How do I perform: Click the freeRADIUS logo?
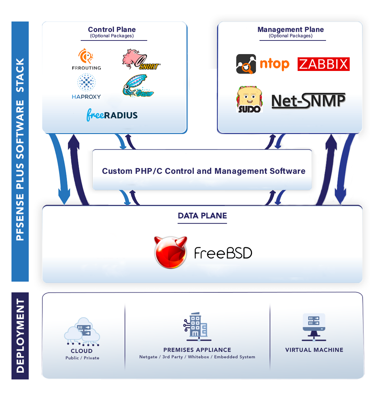point(112,115)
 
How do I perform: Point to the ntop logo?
point(262,64)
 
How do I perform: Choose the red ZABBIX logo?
point(323,64)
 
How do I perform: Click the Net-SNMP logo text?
point(308,101)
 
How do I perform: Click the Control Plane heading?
point(112,30)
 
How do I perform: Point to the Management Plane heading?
point(290,30)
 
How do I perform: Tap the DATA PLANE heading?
point(202,216)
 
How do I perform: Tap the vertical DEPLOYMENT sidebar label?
point(20,336)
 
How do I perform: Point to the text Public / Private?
point(82,358)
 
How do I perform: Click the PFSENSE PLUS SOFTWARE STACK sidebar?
point(20,150)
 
